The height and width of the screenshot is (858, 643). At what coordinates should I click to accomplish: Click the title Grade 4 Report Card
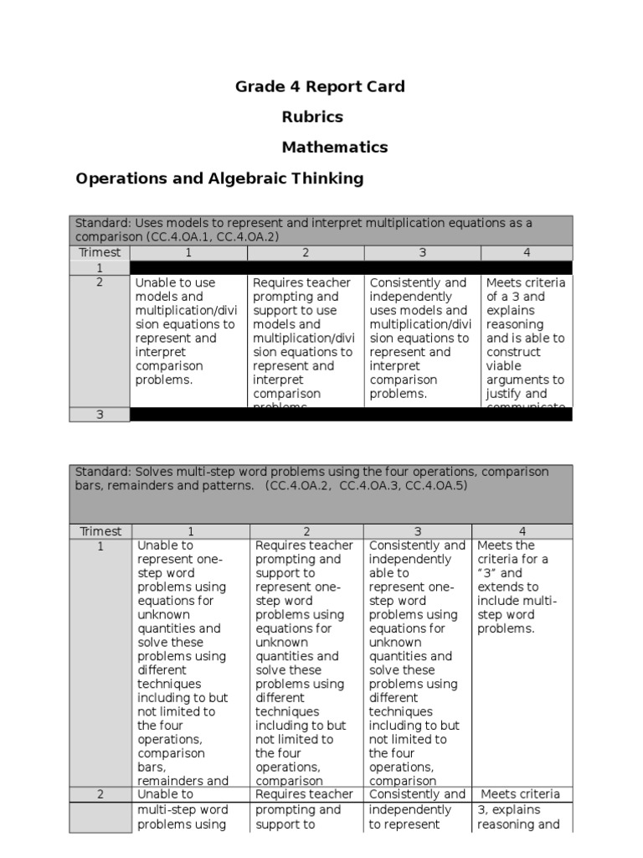coord(320,86)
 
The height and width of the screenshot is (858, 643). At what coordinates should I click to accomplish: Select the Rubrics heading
coord(311,116)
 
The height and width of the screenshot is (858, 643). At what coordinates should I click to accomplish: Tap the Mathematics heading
coord(334,147)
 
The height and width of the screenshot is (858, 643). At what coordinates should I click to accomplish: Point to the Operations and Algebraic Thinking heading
coord(219,178)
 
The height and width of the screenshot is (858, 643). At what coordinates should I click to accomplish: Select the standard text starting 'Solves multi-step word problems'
coord(311,479)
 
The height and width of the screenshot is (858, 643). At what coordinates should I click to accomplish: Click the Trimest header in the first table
coord(100,252)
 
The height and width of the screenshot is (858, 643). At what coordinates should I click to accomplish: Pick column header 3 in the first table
coord(422,252)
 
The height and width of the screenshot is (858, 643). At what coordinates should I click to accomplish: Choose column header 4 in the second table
coord(522,531)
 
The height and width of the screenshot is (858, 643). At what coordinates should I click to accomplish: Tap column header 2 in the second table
coord(306,531)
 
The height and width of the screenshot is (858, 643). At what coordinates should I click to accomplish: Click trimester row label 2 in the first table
coord(100,282)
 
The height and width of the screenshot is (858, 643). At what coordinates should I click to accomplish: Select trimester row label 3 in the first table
coord(100,414)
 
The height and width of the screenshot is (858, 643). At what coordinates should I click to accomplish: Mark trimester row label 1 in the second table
coord(100,546)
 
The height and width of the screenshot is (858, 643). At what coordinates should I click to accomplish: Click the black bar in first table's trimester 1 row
coord(351,267)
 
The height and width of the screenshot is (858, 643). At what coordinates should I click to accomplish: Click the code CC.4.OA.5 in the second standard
coord(436,486)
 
